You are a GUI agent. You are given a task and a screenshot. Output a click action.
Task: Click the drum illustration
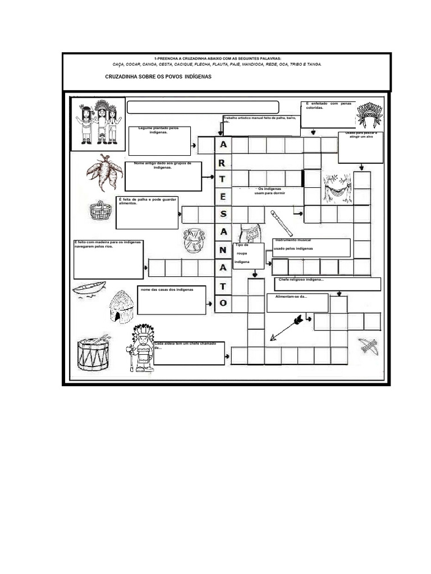tap(93, 351)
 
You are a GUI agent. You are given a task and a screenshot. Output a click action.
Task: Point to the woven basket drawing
tap(100, 210)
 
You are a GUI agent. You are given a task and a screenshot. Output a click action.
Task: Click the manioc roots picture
tap(105, 172)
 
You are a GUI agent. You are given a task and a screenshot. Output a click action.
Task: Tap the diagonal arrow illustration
tap(286, 327)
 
